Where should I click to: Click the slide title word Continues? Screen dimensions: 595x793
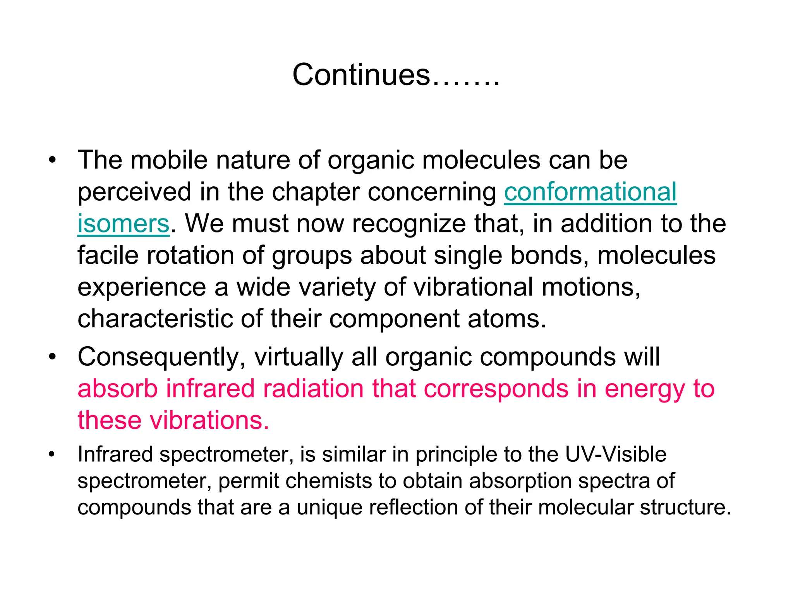(x=361, y=75)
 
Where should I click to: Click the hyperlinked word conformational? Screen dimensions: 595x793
(x=590, y=192)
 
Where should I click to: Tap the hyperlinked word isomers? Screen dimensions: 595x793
(x=124, y=224)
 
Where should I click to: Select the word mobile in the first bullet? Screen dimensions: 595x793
(x=169, y=160)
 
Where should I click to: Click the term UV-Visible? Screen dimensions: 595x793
(x=616, y=454)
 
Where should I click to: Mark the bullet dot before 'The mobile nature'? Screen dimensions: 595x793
(x=52, y=160)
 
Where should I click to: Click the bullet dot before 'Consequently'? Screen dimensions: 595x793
(x=52, y=357)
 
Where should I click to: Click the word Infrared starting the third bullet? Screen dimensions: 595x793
(x=115, y=454)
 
